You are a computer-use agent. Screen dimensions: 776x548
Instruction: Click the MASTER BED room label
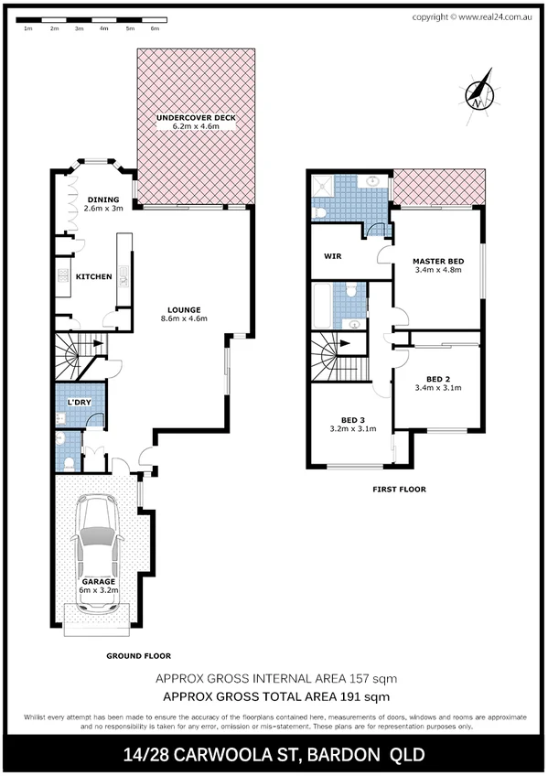437,262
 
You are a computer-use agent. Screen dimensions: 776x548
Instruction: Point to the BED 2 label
437,378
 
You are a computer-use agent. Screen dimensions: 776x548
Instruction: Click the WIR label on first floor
332,257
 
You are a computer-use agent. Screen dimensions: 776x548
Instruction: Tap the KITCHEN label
93,276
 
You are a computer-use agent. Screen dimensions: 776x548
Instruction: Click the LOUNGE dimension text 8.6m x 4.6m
184,318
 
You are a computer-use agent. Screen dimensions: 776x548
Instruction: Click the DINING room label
102,199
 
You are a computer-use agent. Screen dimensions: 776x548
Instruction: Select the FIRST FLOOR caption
399,490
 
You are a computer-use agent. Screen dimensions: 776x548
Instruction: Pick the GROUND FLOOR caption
138,655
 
